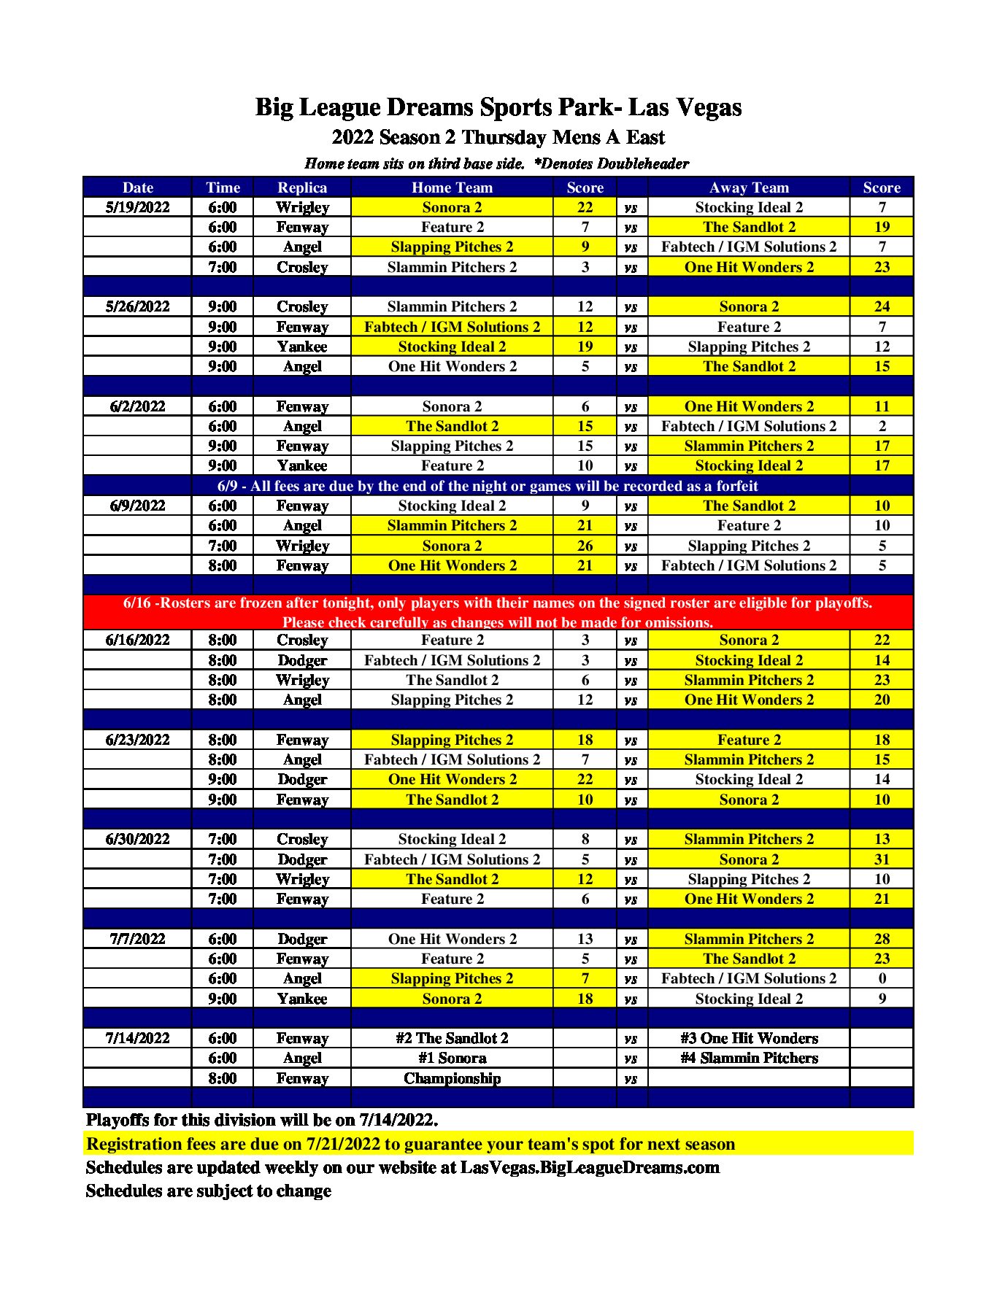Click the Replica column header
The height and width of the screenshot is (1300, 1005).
[x=302, y=187]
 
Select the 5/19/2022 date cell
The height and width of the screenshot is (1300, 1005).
[x=137, y=207]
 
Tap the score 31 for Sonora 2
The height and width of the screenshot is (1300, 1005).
[x=882, y=859]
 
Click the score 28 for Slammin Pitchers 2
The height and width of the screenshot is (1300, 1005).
[x=882, y=939]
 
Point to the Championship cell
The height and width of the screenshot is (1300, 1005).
[x=452, y=1078]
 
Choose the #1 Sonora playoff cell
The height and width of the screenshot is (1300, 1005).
[x=452, y=1058]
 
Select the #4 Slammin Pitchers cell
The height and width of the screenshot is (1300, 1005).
[x=749, y=1058]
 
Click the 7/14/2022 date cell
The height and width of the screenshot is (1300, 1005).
[x=137, y=1038]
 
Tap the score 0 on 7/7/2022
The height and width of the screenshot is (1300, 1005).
[x=882, y=978]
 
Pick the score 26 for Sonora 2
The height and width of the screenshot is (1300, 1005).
[x=585, y=546]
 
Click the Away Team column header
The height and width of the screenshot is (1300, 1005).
[x=749, y=187]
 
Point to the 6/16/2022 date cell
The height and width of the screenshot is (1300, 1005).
[x=137, y=640]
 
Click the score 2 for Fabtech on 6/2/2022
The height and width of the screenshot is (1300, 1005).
[x=882, y=426]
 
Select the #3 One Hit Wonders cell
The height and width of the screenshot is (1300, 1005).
[x=749, y=1038]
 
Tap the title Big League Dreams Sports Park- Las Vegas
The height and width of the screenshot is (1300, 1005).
[x=498, y=107]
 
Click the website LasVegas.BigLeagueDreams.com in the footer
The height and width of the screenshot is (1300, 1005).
[x=590, y=1167]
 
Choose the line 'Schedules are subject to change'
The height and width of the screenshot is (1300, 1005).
[x=209, y=1191]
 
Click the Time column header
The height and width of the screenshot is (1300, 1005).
[x=223, y=187]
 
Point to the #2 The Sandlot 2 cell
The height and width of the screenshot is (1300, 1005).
[x=452, y=1038]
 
